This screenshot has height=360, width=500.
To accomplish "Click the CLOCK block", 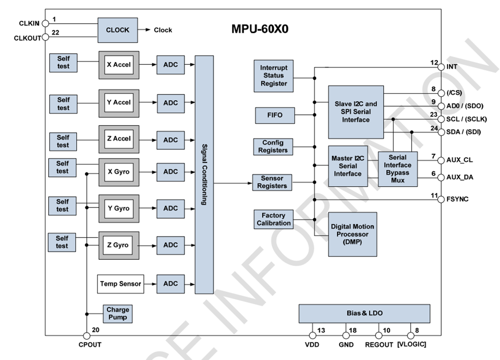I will (118, 30).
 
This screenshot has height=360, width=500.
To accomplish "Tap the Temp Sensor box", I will (121, 283).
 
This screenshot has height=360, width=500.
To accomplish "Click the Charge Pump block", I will (118, 313).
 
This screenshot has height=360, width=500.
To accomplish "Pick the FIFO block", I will (275, 115).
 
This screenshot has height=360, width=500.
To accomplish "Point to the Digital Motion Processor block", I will (352, 234).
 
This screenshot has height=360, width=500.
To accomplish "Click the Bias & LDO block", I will (364, 313).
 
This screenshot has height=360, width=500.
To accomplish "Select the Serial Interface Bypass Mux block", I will (398, 169).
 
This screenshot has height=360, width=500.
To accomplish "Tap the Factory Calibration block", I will (274, 219).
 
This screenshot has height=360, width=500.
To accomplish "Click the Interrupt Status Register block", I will (273, 76).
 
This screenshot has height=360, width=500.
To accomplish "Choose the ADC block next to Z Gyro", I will (170, 245).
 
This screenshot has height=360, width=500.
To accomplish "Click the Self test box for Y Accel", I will (63, 104).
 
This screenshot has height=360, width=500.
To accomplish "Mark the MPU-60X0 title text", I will (260, 30).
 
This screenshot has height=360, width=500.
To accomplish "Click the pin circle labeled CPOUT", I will (87, 336).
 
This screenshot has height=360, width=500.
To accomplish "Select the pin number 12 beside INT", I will (434, 63).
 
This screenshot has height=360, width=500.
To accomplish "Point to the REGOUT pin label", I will (379, 345).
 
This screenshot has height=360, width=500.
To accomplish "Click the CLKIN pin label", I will (30, 23).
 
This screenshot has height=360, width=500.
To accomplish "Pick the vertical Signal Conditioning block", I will (204, 174).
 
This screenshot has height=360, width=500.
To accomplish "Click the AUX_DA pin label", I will (460, 177).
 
